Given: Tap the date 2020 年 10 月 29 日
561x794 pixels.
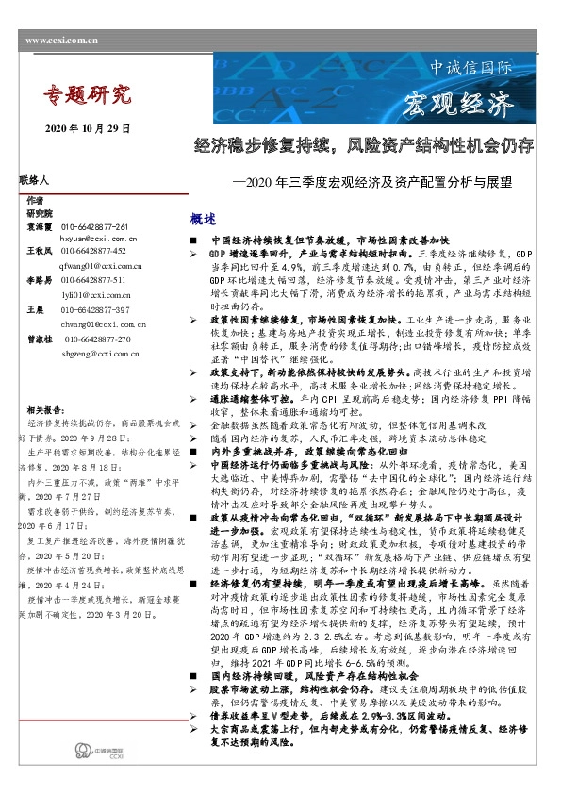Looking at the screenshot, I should tap(88, 127).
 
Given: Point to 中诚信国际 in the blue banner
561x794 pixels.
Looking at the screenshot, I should tap(470, 69).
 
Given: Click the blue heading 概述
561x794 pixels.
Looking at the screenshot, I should tap(203, 219).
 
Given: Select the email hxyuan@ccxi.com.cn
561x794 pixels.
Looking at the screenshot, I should tap(100, 240).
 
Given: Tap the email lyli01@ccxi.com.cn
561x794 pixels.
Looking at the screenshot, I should tap(94, 295).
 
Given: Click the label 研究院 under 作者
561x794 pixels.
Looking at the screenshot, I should tap(40, 214).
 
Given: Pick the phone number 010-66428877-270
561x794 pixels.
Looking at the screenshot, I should tap(98, 339).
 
